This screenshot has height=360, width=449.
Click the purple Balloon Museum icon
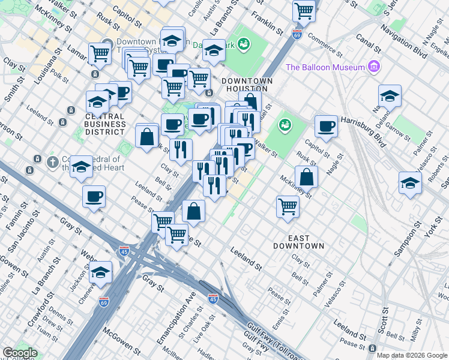pyautogui.click(x=375, y=66)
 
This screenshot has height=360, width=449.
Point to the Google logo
pyautogui.click(x=19, y=353)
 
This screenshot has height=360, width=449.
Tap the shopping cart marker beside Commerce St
pyautogui.click(x=304, y=10)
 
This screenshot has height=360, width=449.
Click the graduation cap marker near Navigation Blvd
pyautogui.click(x=390, y=96)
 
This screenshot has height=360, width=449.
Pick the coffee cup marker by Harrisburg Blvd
pyautogui.click(x=326, y=125)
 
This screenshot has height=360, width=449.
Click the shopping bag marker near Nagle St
pyautogui.click(x=306, y=176)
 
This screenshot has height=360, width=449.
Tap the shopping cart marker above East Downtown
pyautogui.click(x=288, y=206)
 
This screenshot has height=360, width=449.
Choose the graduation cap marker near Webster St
pyautogui.click(x=101, y=272)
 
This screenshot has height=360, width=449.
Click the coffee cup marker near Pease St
pyautogui.click(x=94, y=196)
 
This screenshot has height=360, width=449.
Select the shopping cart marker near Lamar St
pyautogui.click(x=100, y=53)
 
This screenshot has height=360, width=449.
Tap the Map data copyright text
pyautogui.click(x=412, y=355)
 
